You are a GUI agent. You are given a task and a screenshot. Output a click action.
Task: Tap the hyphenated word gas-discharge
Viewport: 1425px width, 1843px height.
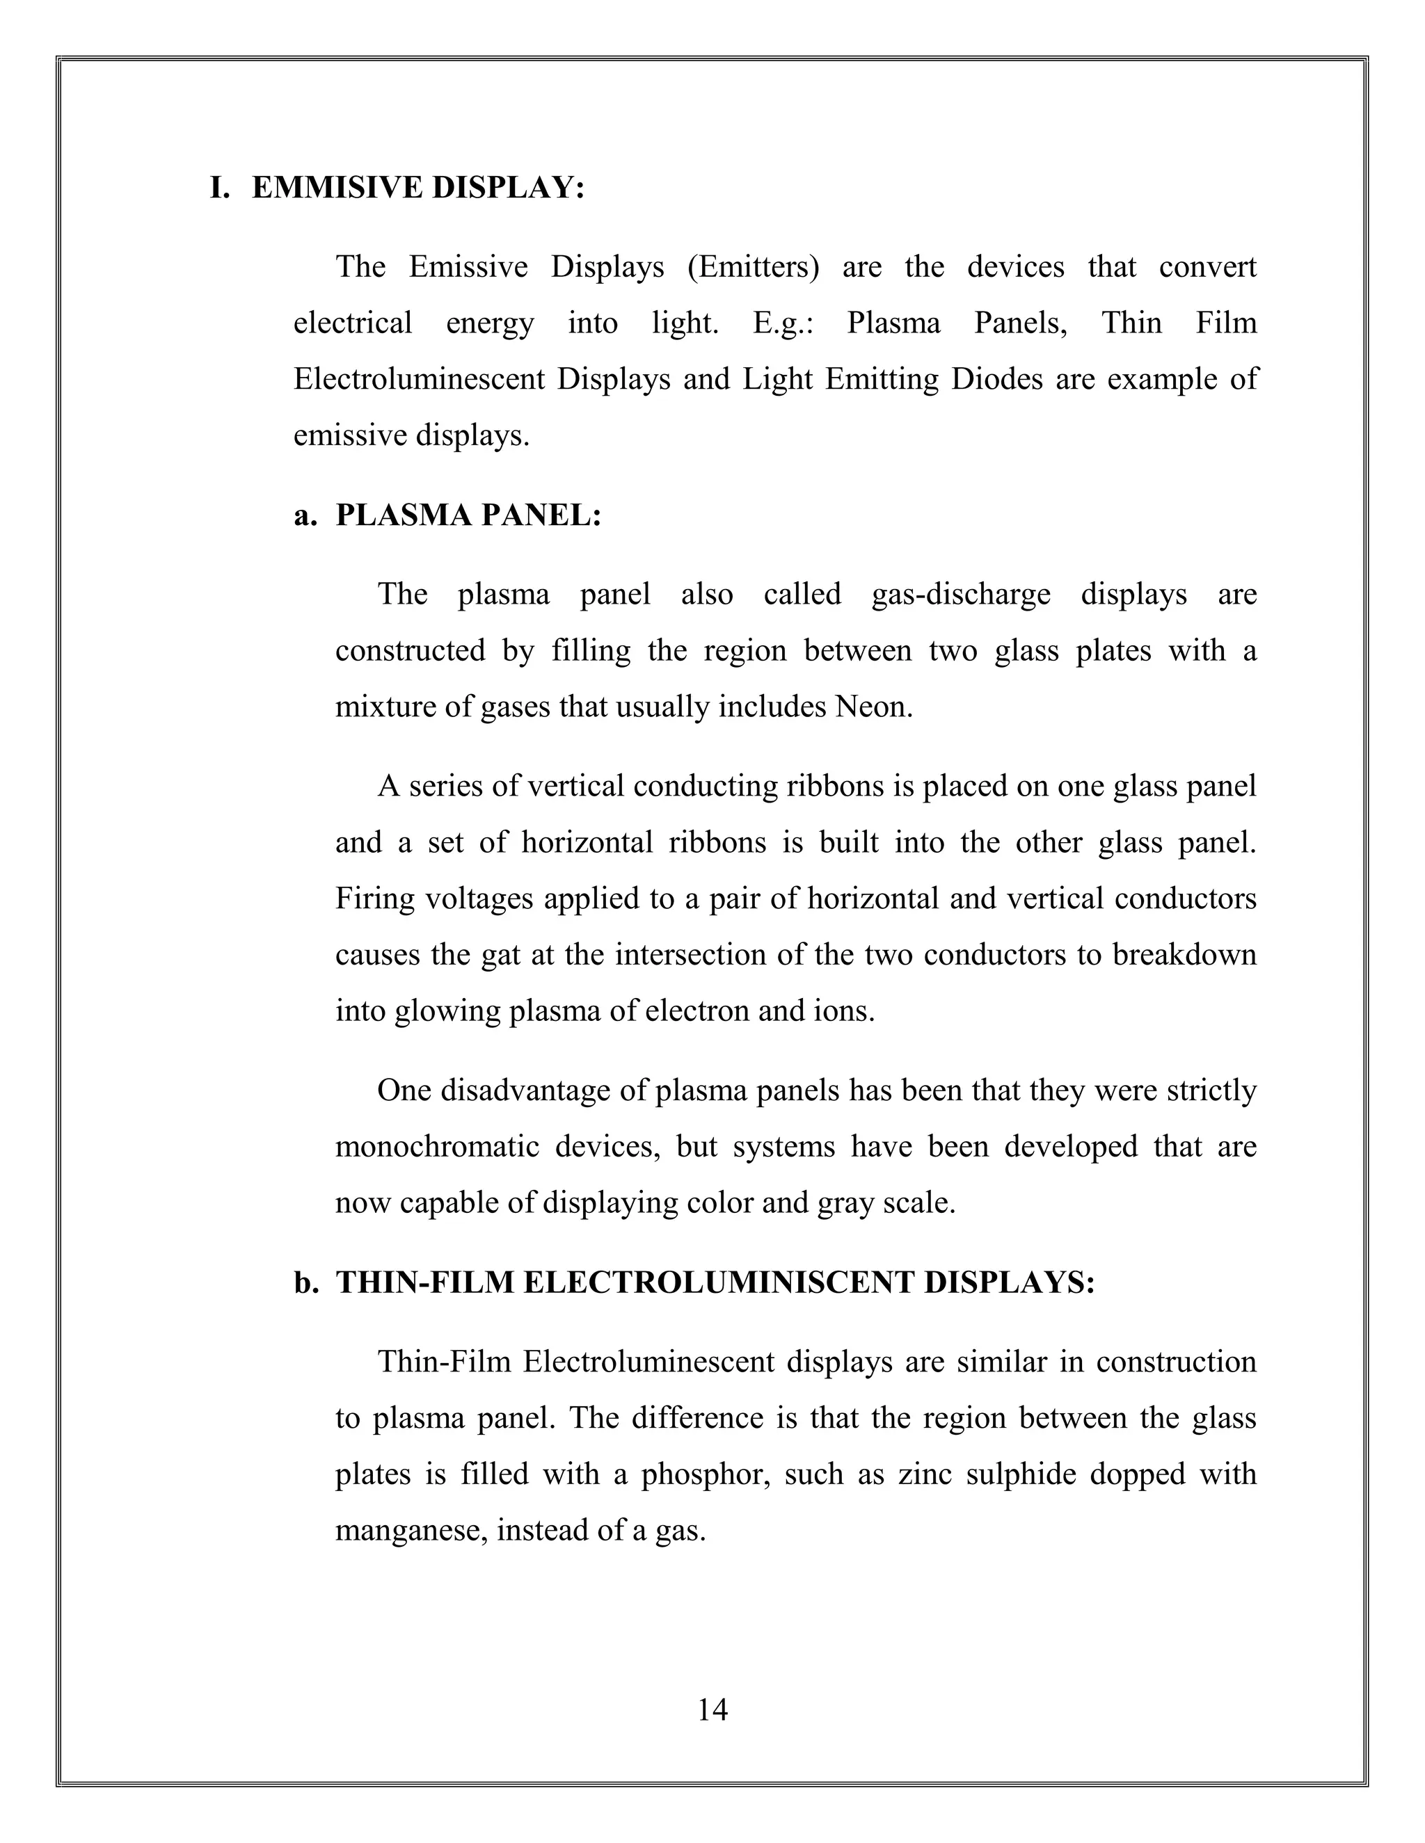(961, 595)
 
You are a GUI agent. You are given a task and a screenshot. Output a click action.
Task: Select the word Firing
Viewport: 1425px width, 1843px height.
(372, 899)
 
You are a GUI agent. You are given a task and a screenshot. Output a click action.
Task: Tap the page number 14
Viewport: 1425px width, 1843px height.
(712, 1709)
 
